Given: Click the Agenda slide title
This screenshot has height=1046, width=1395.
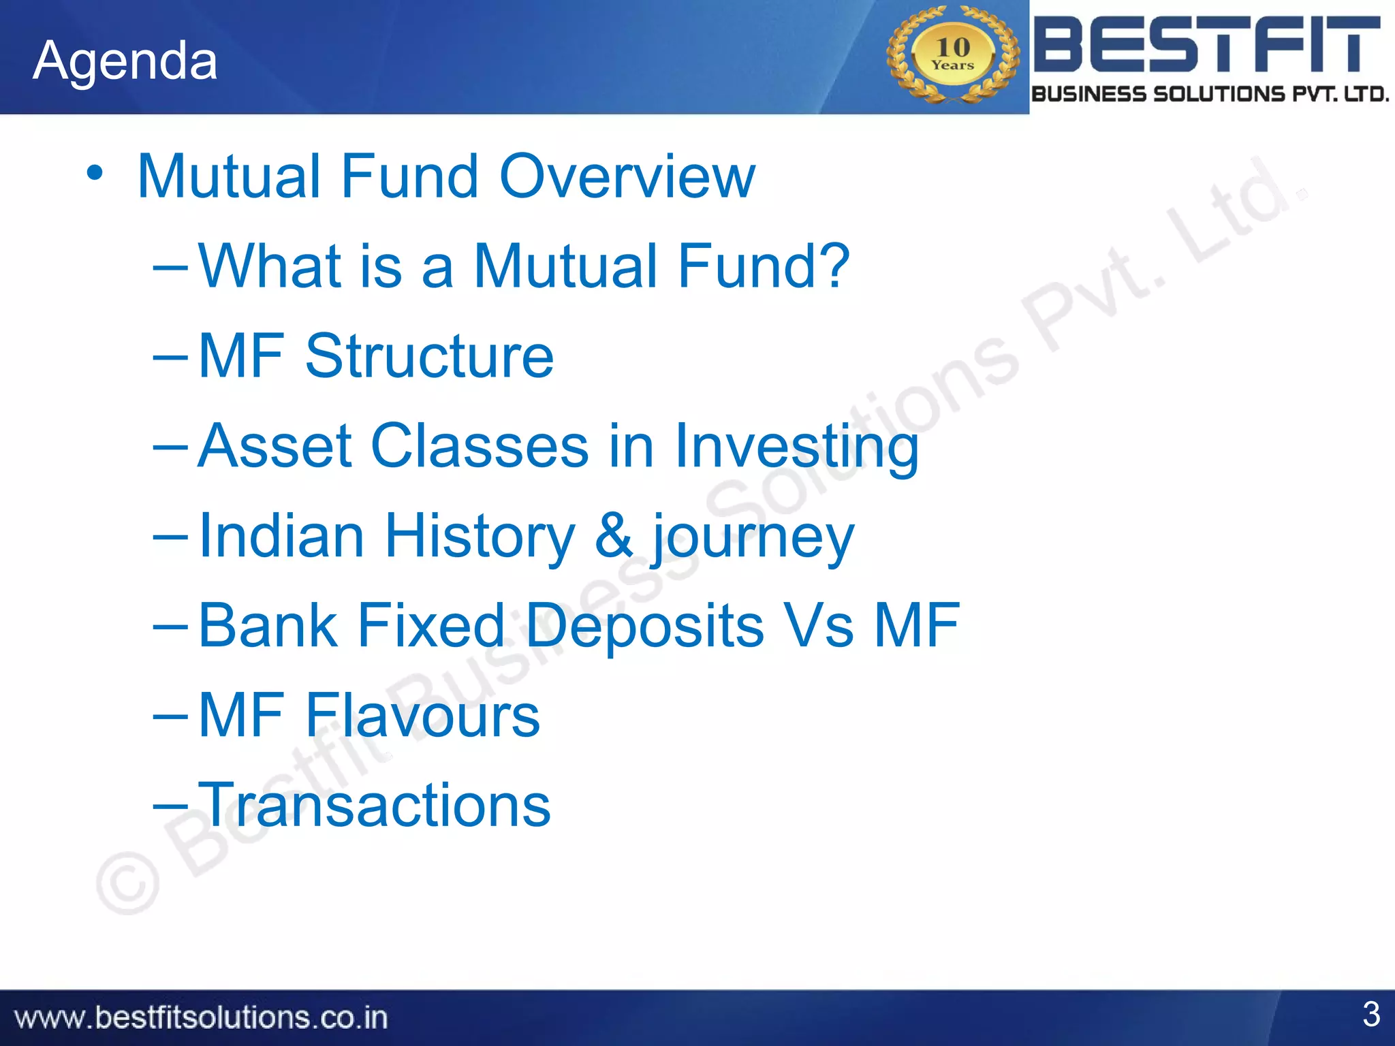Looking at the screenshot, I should pos(125,61).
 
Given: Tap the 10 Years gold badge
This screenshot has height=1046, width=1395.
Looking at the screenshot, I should pos(952,54).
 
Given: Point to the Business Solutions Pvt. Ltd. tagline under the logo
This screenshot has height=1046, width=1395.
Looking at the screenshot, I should pos(1210,94).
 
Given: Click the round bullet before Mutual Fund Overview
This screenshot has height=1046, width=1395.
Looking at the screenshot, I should pos(95,173).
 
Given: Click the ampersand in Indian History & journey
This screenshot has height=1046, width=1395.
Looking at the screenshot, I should pos(614,535).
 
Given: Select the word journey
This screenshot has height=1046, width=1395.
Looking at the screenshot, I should pos(753,538).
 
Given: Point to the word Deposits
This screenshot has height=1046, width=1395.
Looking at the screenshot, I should pos(645,627).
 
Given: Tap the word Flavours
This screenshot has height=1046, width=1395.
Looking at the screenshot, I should pos(422,715).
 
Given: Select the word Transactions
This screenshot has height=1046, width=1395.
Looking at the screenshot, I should pos(374,805).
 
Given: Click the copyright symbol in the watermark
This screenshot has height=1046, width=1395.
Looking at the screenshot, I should pos(128,884).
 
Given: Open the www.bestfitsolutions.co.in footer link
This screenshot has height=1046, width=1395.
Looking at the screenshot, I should pos(201,1017).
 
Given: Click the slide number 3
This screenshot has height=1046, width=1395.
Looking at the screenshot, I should pos(1370,1014).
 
